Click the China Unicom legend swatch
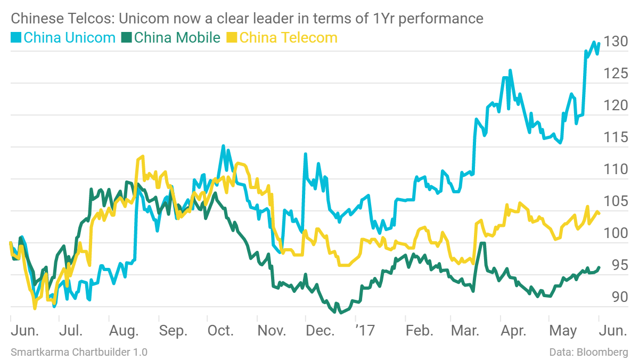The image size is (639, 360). click(16, 38)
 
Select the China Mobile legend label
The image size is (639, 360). click(177, 38)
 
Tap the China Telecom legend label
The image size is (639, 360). click(289, 38)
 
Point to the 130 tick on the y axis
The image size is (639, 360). click(616, 42)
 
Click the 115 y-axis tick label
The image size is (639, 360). click(616, 137)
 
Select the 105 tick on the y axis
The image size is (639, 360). click(616, 201)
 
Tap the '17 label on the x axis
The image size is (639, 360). click(365, 331)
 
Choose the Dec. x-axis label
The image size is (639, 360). click(321, 331)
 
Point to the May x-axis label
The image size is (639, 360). click(562, 331)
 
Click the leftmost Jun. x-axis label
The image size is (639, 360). click(25, 331)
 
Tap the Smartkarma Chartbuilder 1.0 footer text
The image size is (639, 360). click(79, 352)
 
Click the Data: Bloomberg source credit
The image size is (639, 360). click(588, 352)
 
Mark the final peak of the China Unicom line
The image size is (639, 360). click(594, 42)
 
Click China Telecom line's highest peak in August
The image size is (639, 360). click(142, 157)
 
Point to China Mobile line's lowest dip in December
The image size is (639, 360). click(340, 313)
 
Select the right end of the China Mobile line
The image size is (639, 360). click(599, 267)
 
